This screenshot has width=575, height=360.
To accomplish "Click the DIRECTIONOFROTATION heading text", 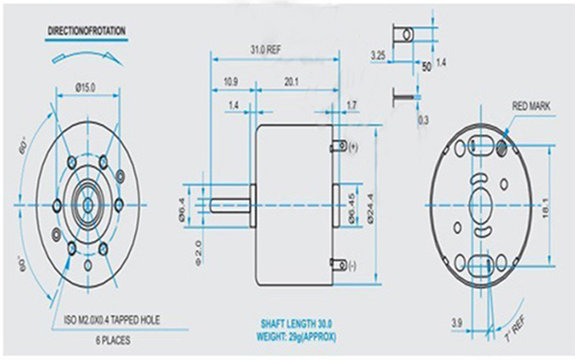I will click(x=86, y=30).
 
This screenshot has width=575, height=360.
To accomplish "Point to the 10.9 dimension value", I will click(x=231, y=82).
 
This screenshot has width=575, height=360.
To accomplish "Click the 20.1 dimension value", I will click(x=291, y=82).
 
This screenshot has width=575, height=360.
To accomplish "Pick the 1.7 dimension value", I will click(x=352, y=105).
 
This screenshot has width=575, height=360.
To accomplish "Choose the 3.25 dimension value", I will click(x=378, y=55).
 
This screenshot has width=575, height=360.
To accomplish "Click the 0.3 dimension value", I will click(x=423, y=121).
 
